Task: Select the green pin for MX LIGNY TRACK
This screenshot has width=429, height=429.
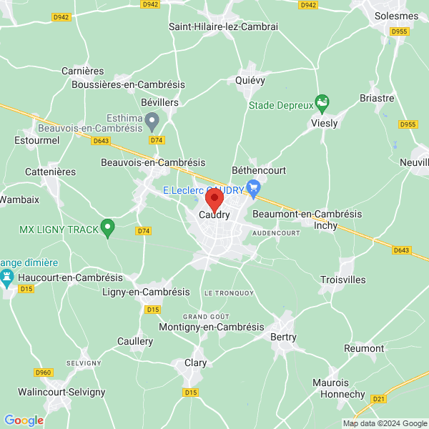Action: [108, 228]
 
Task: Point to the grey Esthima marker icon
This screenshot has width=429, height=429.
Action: [152, 122]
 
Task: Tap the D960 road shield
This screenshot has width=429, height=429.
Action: [44, 373]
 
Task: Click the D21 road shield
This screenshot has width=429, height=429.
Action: [379, 398]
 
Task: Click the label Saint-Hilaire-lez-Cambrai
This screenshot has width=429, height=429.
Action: [223, 26]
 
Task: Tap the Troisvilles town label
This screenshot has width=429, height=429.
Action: [342, 280]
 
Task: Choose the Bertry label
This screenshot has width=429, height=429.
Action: [283, 337]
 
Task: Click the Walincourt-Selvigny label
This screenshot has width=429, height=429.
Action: [62, 392]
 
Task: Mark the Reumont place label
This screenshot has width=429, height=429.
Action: [364, 348]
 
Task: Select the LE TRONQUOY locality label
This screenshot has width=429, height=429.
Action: [229, 293]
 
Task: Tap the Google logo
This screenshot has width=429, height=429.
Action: [24, 420]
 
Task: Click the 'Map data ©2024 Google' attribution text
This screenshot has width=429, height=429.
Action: [384, 423]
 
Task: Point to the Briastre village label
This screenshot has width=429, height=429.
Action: [377, 98]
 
